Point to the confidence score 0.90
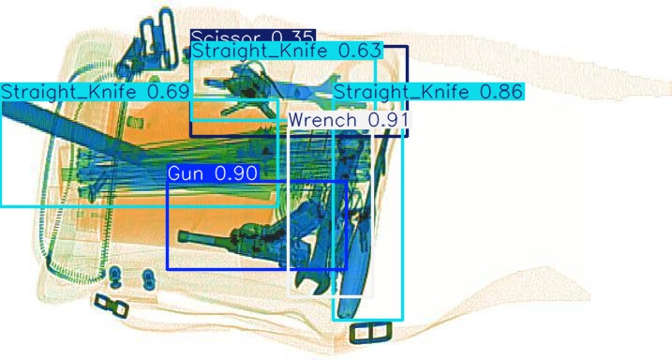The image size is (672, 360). tap(237, 173)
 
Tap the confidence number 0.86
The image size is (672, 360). tap(501, 92)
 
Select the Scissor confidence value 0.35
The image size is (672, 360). tap(293, 36)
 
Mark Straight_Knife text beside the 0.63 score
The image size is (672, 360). tap(261, 50)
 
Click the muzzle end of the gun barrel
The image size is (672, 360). tap(184, 235)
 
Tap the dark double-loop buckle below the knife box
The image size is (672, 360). tap(368, 332)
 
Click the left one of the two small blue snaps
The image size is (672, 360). tap(115, 277)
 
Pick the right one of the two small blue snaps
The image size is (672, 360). tap(147, 277)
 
